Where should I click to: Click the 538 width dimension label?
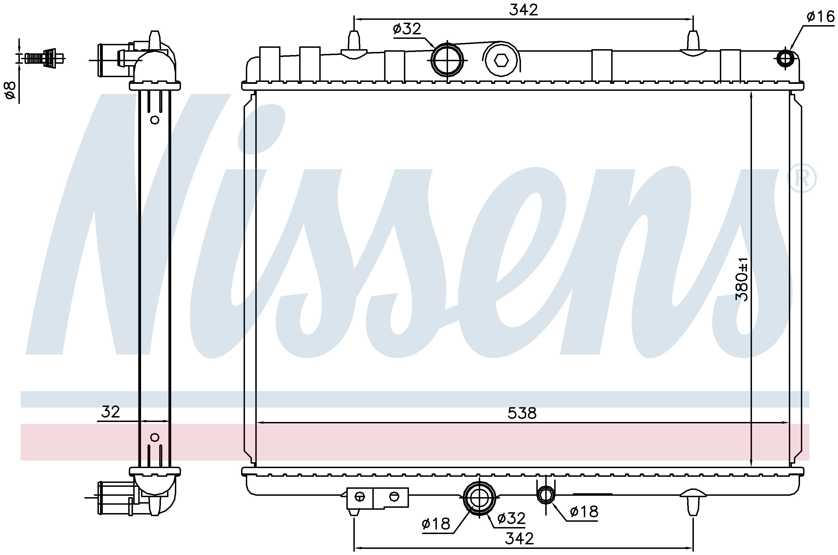point(522,413)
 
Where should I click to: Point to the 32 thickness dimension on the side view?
point(111,412)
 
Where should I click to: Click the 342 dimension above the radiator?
point(523,10)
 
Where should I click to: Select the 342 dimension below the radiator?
point(519,538)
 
